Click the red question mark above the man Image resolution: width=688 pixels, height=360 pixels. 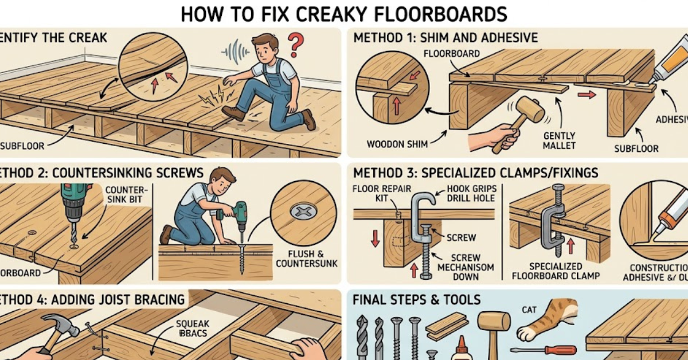[295, 42]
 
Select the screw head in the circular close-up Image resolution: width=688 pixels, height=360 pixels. [302, 212]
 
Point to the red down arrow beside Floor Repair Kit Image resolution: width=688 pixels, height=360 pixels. [374, 237]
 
